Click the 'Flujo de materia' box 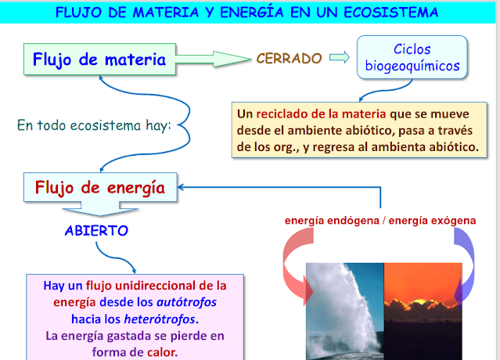(x=99, y=59)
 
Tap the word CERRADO (x=289, y=59)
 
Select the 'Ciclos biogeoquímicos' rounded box (x=412, y=57)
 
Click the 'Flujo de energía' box (x=100, y=187)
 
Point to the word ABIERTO (x=96, y=231)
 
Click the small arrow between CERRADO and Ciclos (x=340, y=57)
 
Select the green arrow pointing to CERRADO (x=213, y=59)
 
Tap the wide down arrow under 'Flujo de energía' (x=100, y=208)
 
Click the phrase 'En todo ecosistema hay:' (x=94, y=125)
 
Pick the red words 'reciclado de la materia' (x=321, y=113)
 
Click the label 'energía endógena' (x=332, y=221)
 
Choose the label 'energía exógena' (x=432, y=221)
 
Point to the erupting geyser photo (x=345, y=311)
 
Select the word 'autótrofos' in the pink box (x=186, y=302)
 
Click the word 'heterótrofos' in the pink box (x=160, y=319)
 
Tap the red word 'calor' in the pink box (x=161, y=352)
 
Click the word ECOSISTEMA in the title (x=391, y=13)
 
